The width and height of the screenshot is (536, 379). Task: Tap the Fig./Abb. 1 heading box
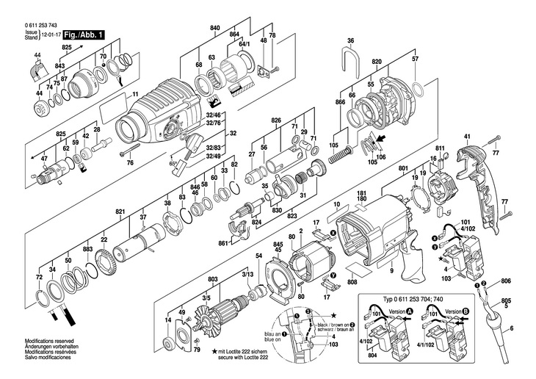(84, 34)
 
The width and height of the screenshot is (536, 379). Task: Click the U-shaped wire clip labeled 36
(351, 55)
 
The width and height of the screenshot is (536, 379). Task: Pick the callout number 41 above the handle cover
(466, 137)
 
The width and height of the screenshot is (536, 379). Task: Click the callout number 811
(439, 148)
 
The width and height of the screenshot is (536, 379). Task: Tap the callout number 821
(120, 212)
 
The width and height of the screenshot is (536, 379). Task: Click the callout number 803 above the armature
(213, 279)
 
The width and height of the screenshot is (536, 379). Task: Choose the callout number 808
(352, 282)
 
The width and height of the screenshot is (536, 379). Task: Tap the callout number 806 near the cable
(504, 281)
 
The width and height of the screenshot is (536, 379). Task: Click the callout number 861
(222, 243)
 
